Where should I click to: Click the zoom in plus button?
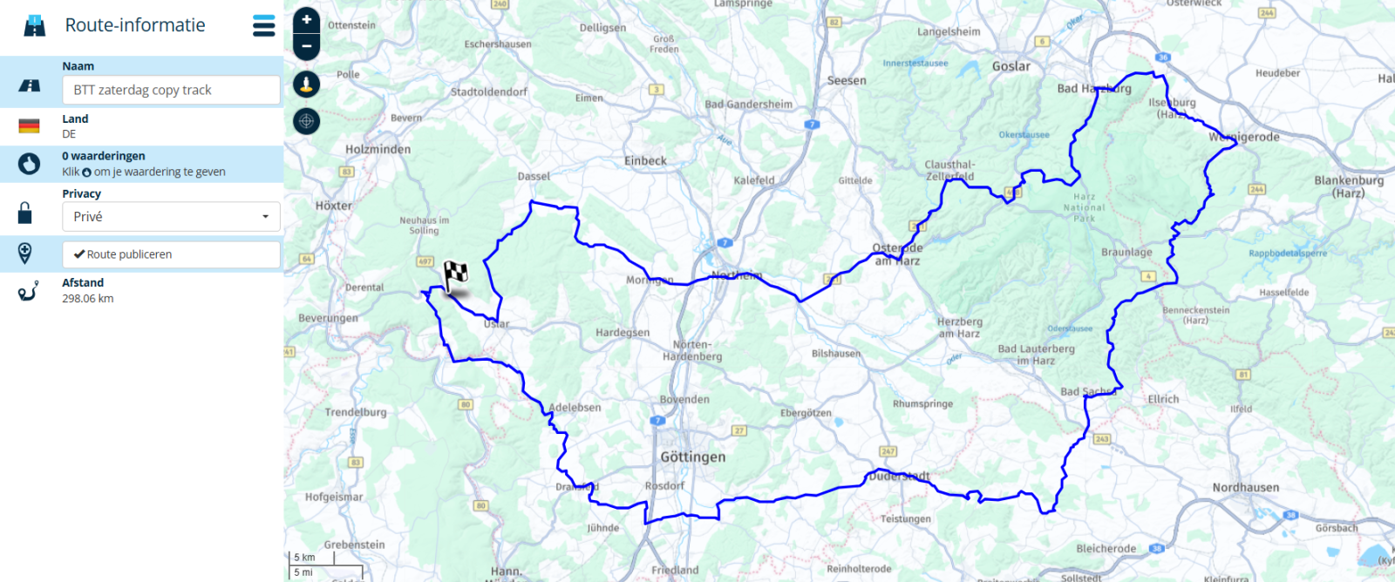[x=306, y=19]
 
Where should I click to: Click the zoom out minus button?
[x=306, y=46]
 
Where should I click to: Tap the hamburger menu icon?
[x=264, y=25]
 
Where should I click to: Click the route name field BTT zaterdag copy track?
[x=171, y=90]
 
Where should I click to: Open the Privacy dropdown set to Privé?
[x=171, y=217]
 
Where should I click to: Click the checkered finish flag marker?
[x=455, y=275]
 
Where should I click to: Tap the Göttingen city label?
[x=692, y=457]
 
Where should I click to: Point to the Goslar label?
[x=1011, y=66]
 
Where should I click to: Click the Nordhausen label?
[x=1245, y=487]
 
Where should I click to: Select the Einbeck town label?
[x=645, y=160]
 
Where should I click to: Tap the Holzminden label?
[x=378, y=149]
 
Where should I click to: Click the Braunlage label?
[x=1126, y=252]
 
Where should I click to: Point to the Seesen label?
[x=847, y=80]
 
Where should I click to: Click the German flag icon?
[x=29, y=126]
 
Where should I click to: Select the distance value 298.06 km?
[x=88, y=298]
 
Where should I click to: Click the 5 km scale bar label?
[x=304, y=558]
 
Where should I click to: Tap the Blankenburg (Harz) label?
[x=1349, y=186]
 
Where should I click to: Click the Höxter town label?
[x=334, y=206]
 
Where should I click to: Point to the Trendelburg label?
[x=356, y=412]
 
